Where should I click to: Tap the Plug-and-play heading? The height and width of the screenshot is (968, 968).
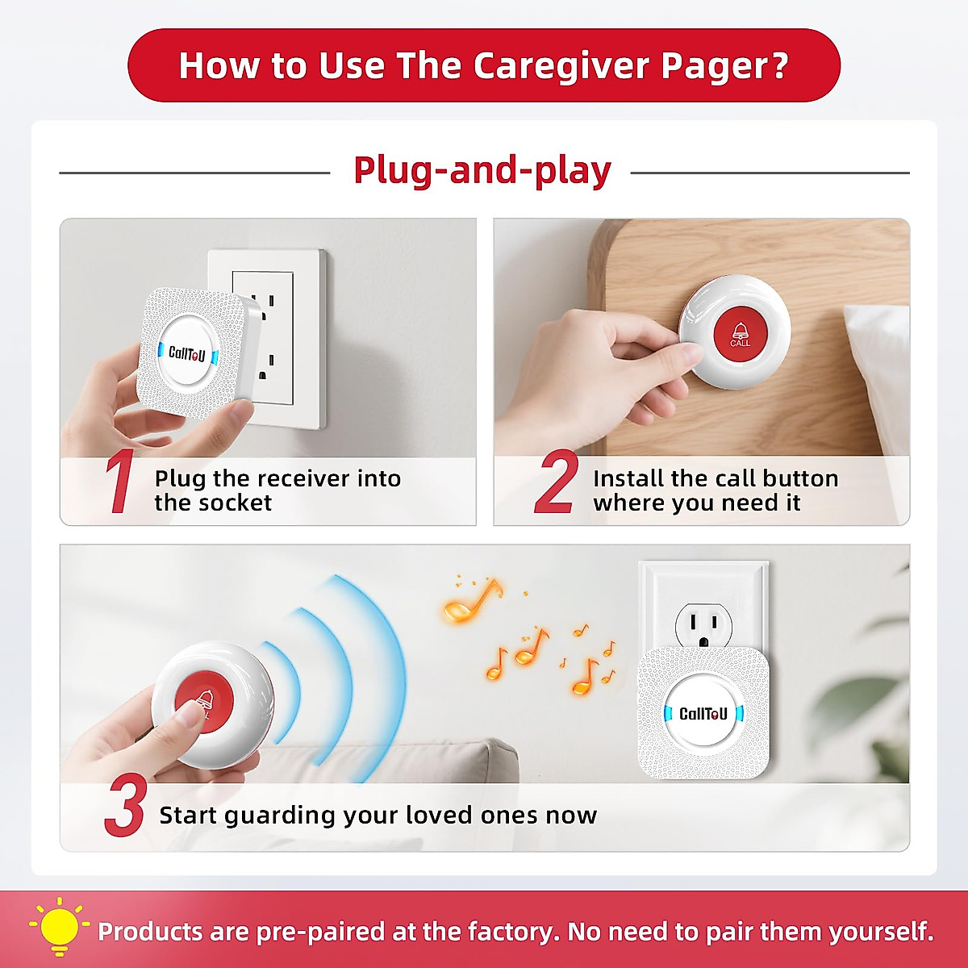[482, 171]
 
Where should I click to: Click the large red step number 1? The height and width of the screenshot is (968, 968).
[120, 482]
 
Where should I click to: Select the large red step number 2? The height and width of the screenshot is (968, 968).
[556, 482]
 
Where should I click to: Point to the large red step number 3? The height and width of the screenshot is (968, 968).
[125, 806]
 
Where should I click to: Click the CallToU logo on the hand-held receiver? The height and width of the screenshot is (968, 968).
[187, 353]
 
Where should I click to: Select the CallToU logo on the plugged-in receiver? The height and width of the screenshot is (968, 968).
[703, 714]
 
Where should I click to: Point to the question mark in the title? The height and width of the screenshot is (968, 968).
[779, 66]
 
